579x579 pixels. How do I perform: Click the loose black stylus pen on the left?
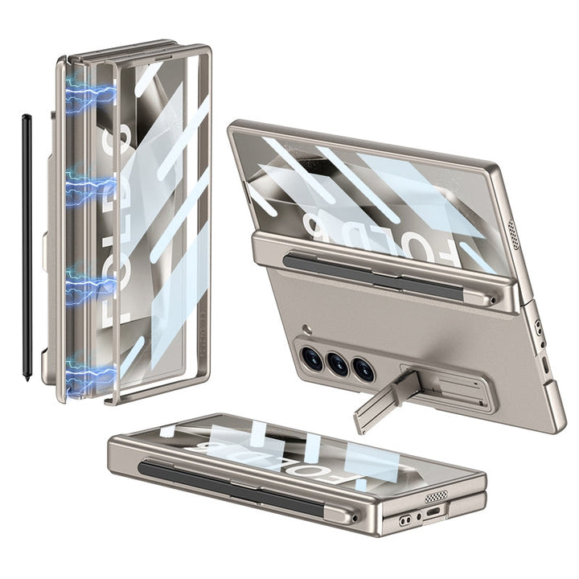pyautogui.click(x=27, y=241)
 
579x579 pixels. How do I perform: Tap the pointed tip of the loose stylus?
pyautogui.click(x=28, y=378)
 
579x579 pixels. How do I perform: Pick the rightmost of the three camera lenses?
pyautogui.click(x=363, y=370)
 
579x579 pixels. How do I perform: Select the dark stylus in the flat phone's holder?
pyautogui.click(x=233, y=486)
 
